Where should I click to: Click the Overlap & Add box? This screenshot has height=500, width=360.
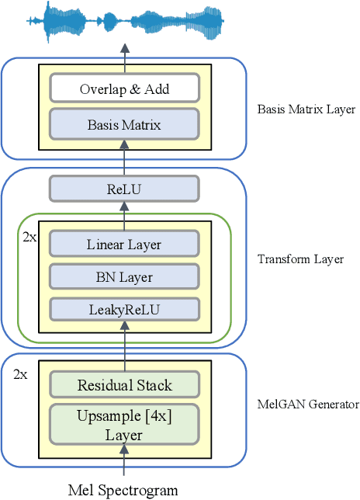(x=124, y=89)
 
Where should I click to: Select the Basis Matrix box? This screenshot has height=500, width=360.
(x=124, y=123)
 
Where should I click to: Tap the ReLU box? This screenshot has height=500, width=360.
(x=124, y=188)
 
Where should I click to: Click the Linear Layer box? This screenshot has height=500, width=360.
(x=124, y=245)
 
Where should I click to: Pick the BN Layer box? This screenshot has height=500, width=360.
(x=124, y=276)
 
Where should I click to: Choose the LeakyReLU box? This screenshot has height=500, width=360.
(x=124, y=309)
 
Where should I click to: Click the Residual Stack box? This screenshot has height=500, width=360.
(x=124, y=385)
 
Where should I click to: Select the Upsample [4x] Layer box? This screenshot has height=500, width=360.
(x=124, y=425)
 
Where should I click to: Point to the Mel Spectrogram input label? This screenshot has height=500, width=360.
(x=123, y=490)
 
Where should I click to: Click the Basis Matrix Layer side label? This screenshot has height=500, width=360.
(x=306, y=109)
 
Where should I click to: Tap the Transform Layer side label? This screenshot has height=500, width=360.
(x=299, y=259)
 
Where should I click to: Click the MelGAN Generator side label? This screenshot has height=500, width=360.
(x=307, y=405)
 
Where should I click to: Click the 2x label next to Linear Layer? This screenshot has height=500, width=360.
(x=29, y=235)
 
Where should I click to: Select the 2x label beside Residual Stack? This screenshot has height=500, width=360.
(x=21, y=374)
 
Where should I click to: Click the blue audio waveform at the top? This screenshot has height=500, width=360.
(x=124, y=21)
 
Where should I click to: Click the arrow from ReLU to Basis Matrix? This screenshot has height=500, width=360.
(x=124, y=162)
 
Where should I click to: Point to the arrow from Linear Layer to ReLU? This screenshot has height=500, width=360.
(x=124, y=210)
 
